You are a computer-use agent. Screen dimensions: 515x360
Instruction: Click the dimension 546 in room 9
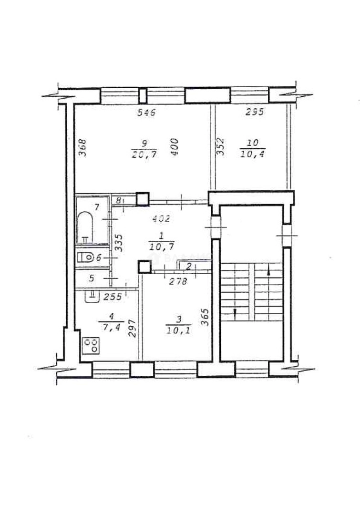[147, 113]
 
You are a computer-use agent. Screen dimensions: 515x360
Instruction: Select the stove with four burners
[91, 345]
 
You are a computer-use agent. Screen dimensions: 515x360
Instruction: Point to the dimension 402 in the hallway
[161, 219]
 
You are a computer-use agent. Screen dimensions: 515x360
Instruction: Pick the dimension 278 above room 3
[178, 281]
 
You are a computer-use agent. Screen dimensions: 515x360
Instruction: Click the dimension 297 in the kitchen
[133, 328]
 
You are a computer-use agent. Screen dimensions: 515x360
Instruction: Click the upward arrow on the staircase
[269, 273]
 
